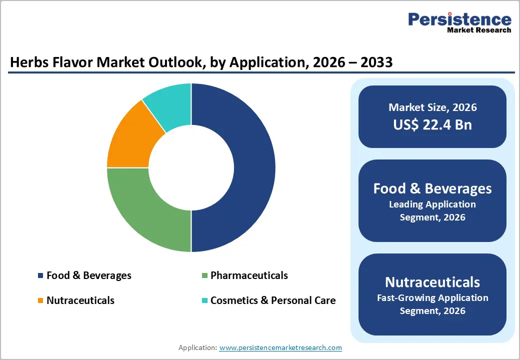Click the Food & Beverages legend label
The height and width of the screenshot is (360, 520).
click(88, 275)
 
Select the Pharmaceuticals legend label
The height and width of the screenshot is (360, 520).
click(249, 275)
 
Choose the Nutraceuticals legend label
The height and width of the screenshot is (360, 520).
click(80, 300)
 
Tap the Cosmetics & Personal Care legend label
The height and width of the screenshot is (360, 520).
click(272, 300)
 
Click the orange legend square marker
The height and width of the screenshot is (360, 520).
click(40, 301)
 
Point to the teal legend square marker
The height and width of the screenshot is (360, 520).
click(204, 301)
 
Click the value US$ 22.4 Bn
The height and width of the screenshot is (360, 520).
click(432, 124)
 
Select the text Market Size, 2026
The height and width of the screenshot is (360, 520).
click(432, 107)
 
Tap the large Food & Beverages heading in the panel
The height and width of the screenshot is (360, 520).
click(432, 188)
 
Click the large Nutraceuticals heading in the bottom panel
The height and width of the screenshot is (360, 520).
click(432, 282)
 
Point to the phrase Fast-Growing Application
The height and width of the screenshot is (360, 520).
click(432, 298)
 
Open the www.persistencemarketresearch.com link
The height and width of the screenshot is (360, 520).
click(280, 347)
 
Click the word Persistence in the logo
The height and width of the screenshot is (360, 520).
click(459, 19)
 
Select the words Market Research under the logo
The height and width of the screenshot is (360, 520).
click(479, 30)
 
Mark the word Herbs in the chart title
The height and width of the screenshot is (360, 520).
click(27, 62)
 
